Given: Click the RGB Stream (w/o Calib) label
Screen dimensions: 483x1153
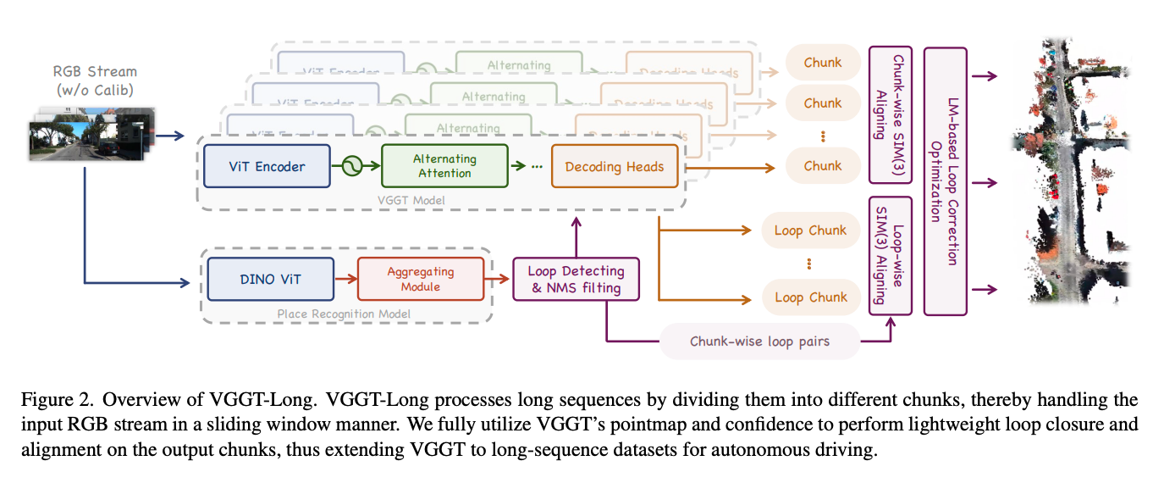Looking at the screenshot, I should click(94, 80).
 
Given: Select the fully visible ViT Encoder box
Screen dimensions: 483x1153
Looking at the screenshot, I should click(267, 166).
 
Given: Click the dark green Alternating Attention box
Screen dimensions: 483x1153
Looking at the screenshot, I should click(444, 166).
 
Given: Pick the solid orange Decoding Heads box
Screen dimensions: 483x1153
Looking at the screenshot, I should click(615, 166).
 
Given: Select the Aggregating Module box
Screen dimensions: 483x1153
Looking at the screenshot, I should click(420, 279).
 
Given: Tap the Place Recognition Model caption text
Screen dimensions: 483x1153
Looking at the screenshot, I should click(344, 314).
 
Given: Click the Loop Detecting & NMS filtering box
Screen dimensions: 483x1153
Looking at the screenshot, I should click(576, 279).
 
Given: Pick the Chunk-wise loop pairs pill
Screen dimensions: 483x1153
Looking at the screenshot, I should click(759, 341).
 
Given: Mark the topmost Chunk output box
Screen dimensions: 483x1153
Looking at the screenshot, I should click(823, 62).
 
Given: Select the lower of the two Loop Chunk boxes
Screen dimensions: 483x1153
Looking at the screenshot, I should click(810, 297).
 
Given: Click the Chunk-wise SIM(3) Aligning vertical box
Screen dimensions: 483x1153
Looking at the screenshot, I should click(890, 114).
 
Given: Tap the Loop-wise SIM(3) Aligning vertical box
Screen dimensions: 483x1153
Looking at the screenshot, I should click(890, 255).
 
